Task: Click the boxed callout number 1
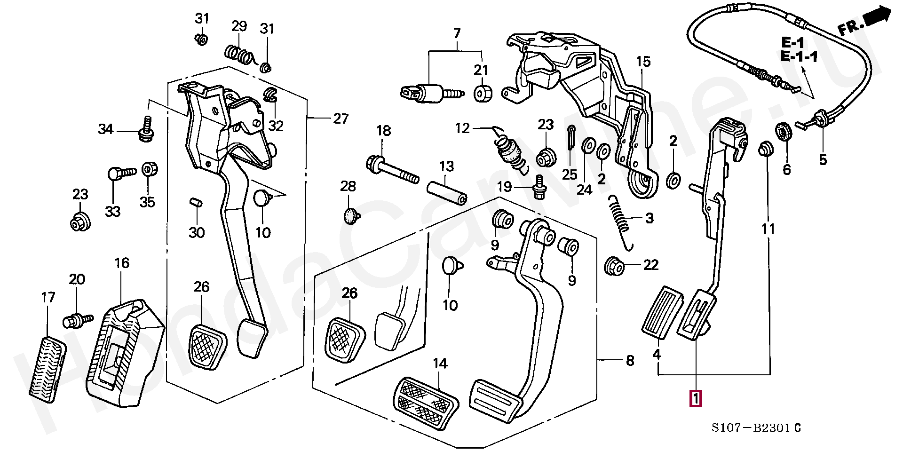pos(696,399)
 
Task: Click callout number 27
pos(341,119)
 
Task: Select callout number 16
pos(122,263)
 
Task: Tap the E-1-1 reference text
pos(799,57)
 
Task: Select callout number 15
pos(643,62)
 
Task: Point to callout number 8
pos(629,361)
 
